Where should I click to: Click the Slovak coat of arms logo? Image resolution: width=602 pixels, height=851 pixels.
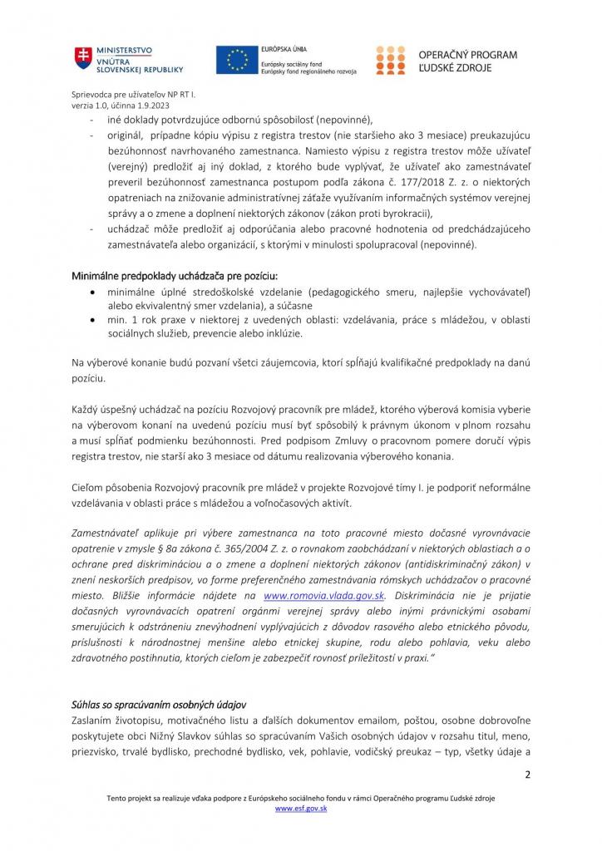tap(81, 59)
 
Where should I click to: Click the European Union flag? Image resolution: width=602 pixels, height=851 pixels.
tap(236, 60)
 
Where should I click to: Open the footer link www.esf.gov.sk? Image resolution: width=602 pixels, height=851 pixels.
tap(301, 808)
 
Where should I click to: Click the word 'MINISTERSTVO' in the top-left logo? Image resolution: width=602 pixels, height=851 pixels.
tap(125, 52)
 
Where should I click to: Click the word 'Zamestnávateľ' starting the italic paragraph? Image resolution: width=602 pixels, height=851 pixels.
tap(106, 532)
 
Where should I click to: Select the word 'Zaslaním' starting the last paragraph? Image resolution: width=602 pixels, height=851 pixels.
tap(92, 721)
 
